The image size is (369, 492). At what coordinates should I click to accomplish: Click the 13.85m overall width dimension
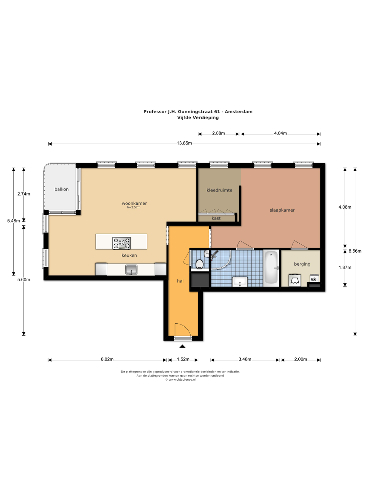pyautogui.click(x=184, y=143)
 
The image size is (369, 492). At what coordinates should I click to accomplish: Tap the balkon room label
pyautogui.click(x=61, y=189)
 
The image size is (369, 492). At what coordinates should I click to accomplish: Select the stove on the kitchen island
pyautogui.click(x=121, y=243)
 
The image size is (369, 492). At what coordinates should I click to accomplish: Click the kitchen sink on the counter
pyautogui.click(x=131, y=269)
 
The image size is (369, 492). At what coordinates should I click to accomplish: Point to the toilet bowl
pyautogui.click(x=199, y=264)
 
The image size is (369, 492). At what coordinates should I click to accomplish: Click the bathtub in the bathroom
pyautogui.click(x=271, y=268)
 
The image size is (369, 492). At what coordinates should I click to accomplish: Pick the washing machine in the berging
pyautogui.click(x=295, y=280)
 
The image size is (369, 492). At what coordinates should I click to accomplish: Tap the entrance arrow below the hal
pyautogui.click(x=182, y=346)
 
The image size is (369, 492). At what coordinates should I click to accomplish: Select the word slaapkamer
pyautogui.click(x=282, y=210)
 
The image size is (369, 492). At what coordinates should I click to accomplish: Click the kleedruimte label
pyautogui.click(x=219, y=190)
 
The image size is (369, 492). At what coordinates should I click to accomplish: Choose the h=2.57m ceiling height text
pyautogui.click(x=134, y=207)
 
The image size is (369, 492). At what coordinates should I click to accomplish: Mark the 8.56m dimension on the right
pyautogui.click(x=355, y=251)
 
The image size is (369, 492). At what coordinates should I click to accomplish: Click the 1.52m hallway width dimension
pyautogui.click(x=183, y=359)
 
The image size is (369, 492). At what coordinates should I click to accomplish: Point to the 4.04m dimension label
pyautogui.click(x=280, y=133)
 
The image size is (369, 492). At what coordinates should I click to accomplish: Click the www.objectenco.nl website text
pyautogui.click(x=182, y=380)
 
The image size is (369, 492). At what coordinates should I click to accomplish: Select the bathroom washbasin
pyautogui.click(x=240, y=282)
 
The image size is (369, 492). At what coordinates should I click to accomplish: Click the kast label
pyautogui.click(x=216, y=218)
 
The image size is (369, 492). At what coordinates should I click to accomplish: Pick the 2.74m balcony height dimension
pyautogui.click(x=24, y=194)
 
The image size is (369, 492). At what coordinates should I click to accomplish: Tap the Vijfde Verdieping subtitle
pyautogui.click(x=198, y=118)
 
